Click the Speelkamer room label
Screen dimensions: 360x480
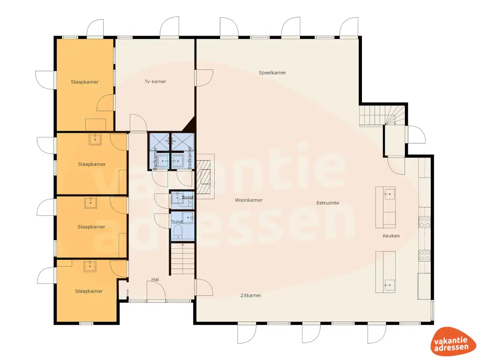(272, 73)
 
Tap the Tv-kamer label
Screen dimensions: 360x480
(156, 82)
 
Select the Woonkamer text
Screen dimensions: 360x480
(248, 200)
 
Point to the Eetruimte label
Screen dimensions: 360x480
(328, 203)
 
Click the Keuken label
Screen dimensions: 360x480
(391, 236)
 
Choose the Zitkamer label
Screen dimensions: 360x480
(251, 295)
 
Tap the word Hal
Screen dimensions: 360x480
(155, 280)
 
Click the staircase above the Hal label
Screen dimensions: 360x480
(183, 260)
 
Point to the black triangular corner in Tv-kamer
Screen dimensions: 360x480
(190, 125)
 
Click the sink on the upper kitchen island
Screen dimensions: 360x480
(389, 193)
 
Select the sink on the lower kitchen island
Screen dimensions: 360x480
(389, 284)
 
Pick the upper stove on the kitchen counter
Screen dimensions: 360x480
(425, 221)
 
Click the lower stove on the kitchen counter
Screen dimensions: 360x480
(425, 255)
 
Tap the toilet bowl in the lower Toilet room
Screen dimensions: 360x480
(177, 232)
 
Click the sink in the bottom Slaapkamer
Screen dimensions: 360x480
(90, 266)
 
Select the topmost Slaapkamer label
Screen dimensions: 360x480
(85, 82)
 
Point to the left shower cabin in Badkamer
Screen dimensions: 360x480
(160, 141)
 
